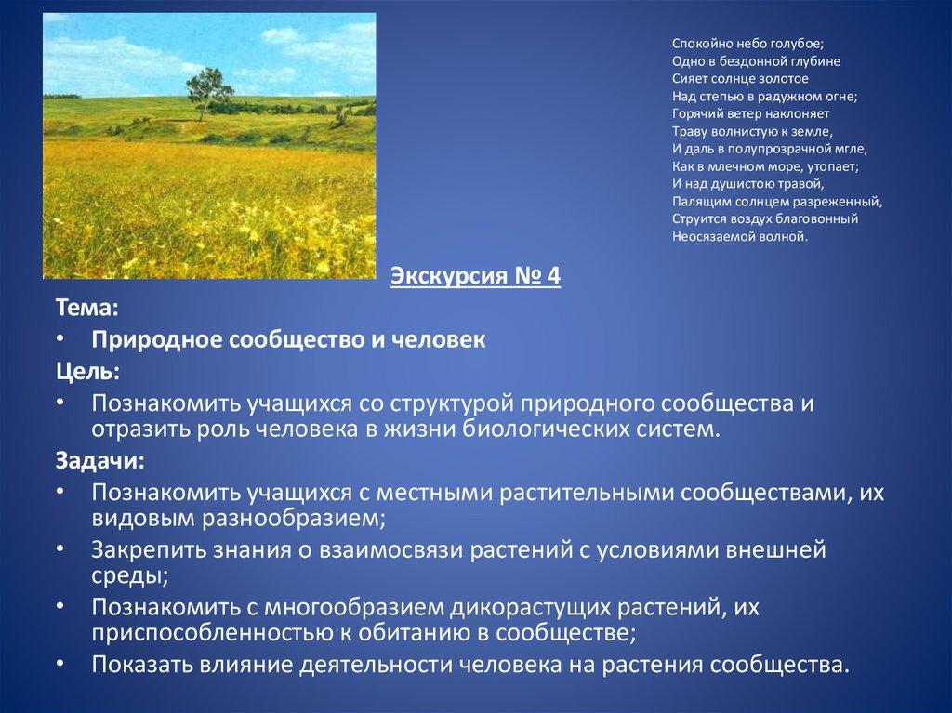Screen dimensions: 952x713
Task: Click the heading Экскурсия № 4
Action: (475, 276)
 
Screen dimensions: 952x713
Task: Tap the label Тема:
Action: (86, 308)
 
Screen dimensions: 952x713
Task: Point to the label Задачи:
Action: (100, 460)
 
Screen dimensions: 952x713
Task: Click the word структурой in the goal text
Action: (452, 404)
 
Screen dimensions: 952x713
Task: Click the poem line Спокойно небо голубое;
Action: (747, 44)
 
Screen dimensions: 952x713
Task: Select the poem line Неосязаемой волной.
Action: (740, 237)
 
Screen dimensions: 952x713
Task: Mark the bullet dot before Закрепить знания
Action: (60, 548)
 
